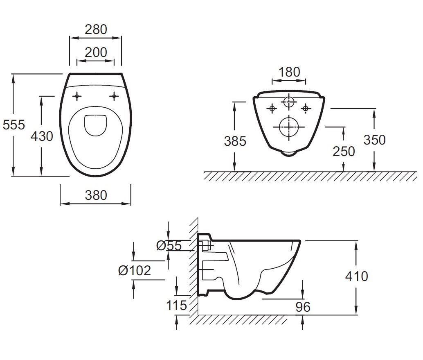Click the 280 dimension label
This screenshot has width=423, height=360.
[x=96, y=29]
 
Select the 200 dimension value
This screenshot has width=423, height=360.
[x=96, y=52]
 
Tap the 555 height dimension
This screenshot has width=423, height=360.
[x=14, y=125]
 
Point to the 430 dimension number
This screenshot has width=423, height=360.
[x=42, y=136]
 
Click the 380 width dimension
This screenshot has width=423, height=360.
[x=96, y=195]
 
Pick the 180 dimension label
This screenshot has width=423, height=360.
[x=289, y=72]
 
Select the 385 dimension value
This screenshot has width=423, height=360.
[x=235, y=141]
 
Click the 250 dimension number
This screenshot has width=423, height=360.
[x=344, y=152]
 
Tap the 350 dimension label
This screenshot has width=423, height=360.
[x=375, y=140]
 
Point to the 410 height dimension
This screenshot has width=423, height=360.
[x=357, y=276]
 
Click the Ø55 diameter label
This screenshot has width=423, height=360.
[x=169, y=245]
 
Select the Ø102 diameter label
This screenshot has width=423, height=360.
[x=135, y=270]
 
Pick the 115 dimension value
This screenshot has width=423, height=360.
[x=176, y=306]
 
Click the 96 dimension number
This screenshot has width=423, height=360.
[x=303, y=307]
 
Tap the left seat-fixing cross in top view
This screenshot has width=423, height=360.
[x=77, y=96]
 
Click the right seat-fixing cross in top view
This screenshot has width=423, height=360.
[x=115, y=96]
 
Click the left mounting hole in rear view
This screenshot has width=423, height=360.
[x=272, y=109]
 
